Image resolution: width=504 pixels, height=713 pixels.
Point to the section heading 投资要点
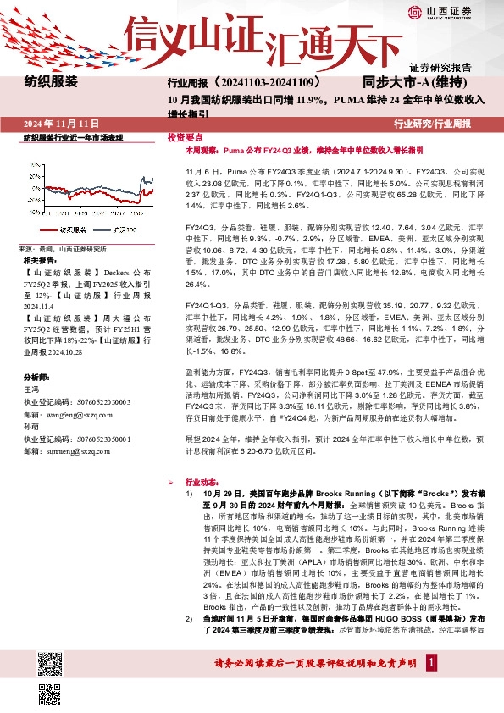[x=185, y=136]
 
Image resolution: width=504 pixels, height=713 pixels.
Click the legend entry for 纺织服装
[x=67, y=229]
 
